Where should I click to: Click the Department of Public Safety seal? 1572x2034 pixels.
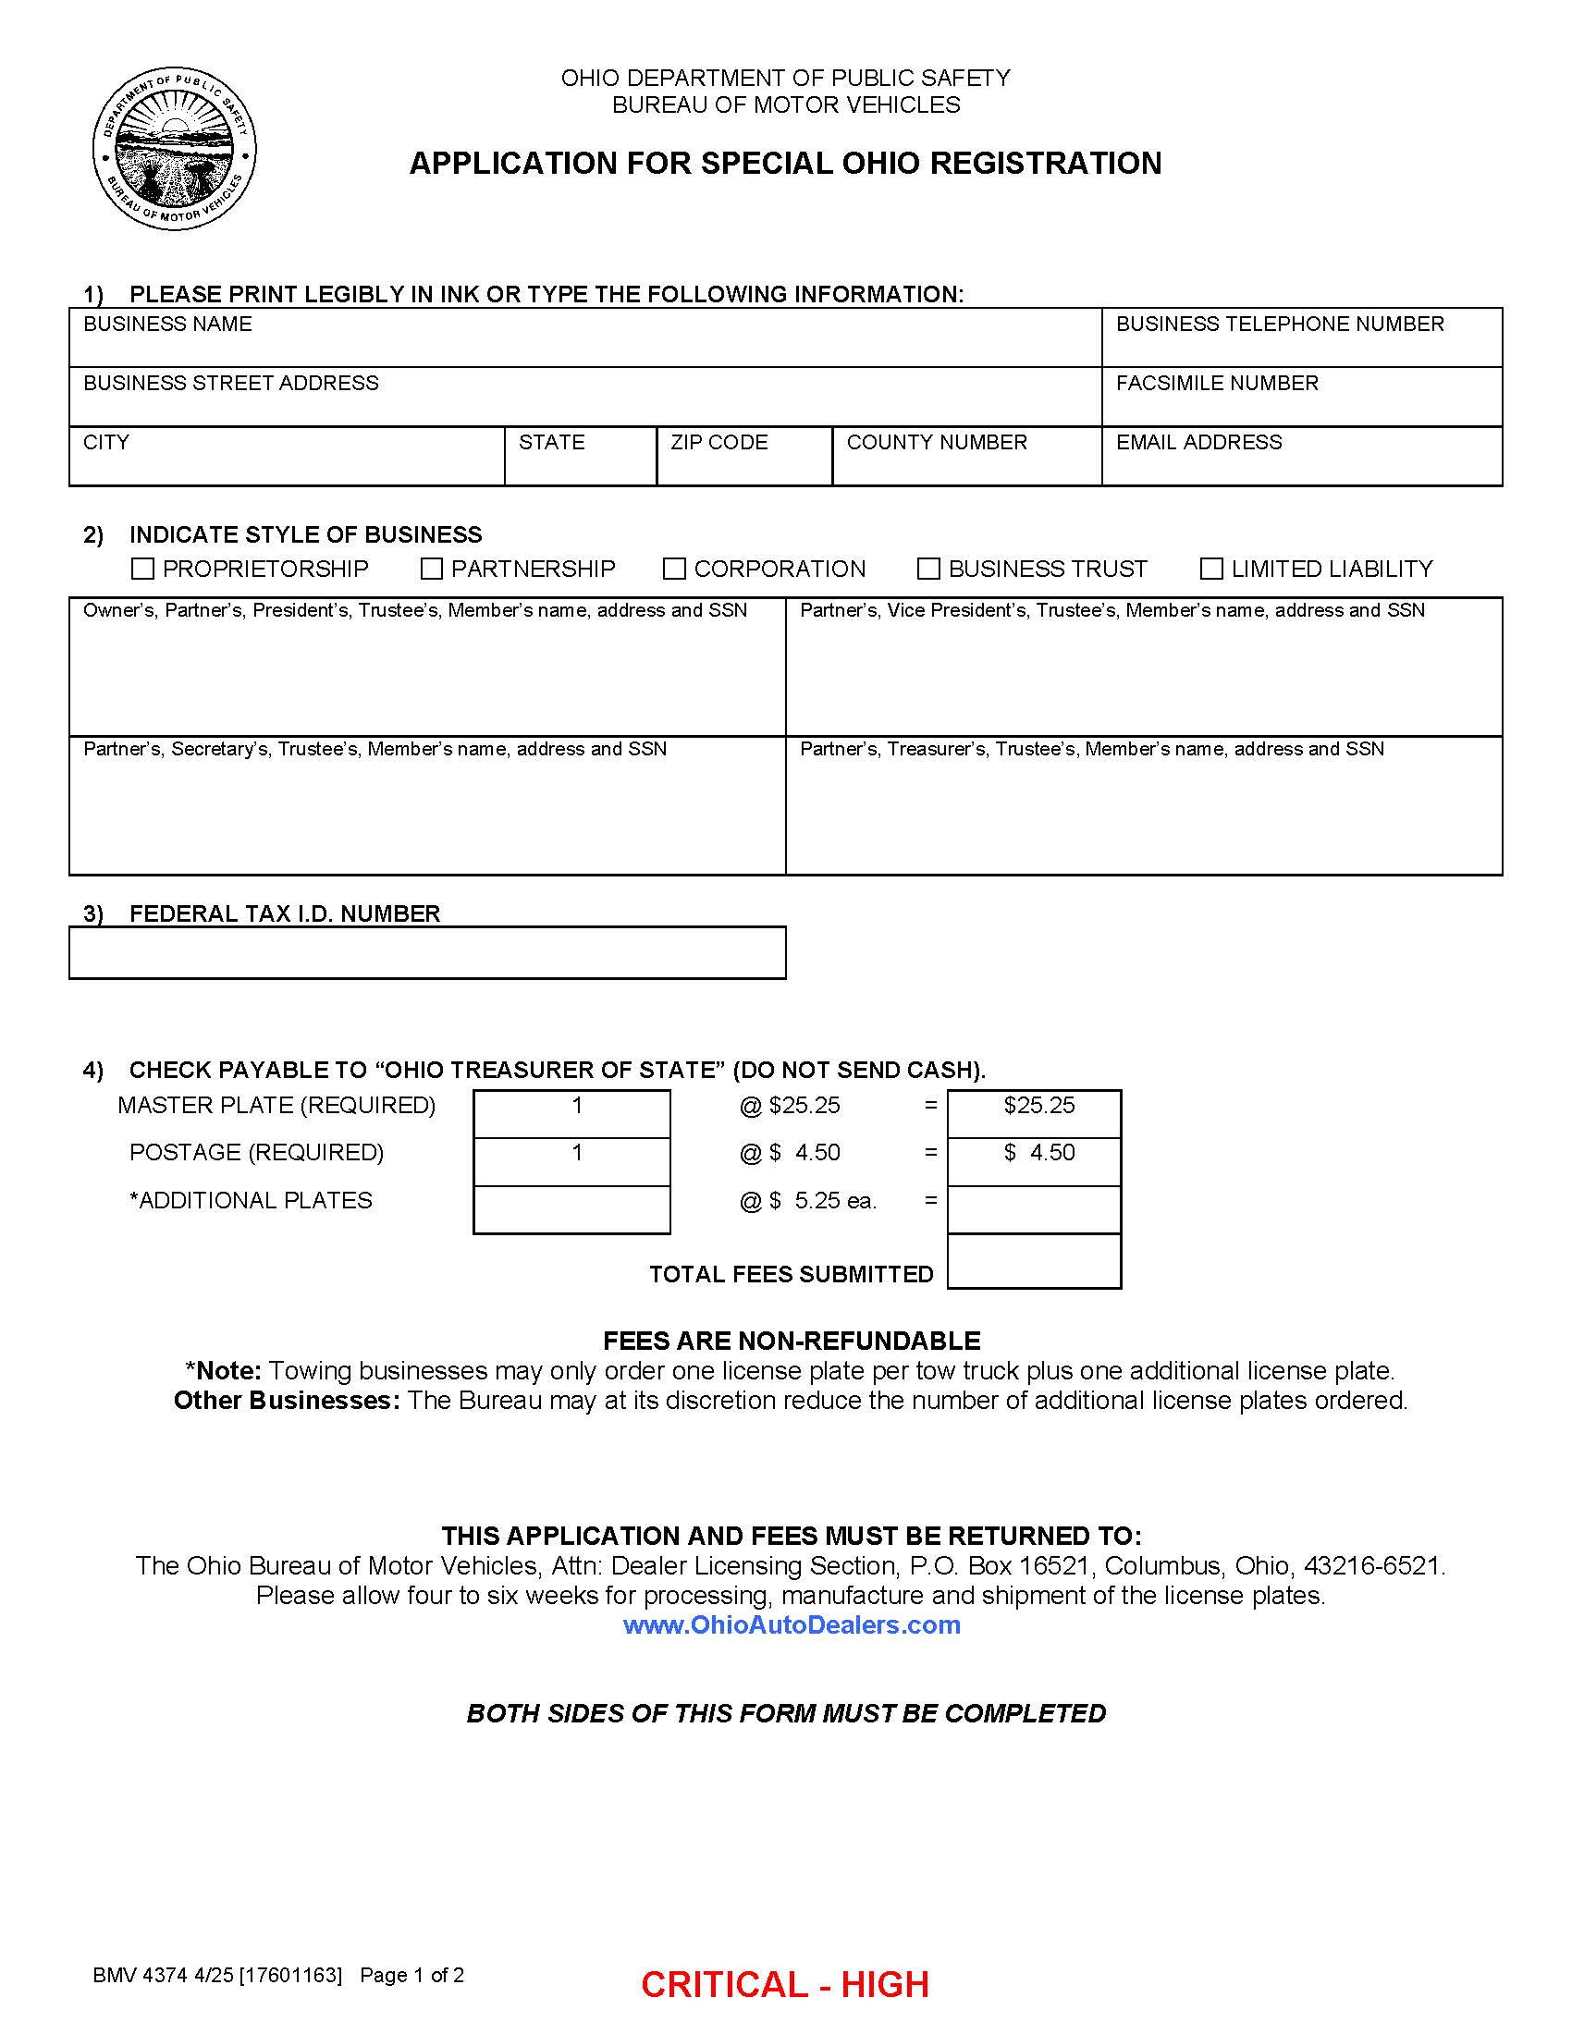(x=174, y=149)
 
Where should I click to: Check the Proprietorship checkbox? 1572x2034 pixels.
(x=142, y=568)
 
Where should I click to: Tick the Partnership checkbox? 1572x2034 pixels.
(x=431, y=568)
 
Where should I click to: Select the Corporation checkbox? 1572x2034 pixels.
(x=674, y=568)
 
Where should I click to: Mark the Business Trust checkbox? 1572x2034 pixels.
(x=928, y=568)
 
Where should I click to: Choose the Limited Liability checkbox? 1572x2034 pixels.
(x=1211, y=568)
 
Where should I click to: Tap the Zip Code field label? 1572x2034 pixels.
(x=718, y=442)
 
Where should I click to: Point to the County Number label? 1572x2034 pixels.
(x=936, y=442)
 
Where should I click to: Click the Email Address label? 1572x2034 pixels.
(x=1198, y=442)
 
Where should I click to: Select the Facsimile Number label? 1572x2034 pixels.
(x=1216, y=383)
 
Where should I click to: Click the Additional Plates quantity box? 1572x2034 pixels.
(x=571, y=1209)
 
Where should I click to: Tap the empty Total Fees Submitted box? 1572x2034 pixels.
(x=1034, y=1262)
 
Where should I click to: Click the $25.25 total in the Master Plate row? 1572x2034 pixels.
(x=1038, y=1106)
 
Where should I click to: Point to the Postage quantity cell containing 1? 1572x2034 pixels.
(x=576, y=1153)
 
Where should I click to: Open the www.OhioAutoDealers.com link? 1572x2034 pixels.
(x=792, y=1625)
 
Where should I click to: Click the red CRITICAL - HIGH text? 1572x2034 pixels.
(x=784, y=1985)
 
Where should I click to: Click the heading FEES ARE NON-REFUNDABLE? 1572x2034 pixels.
(x=792, y=1342)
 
